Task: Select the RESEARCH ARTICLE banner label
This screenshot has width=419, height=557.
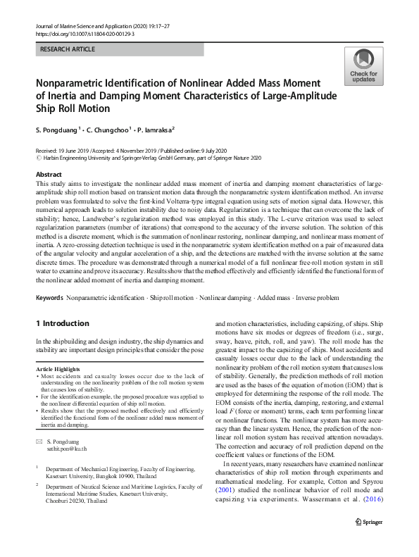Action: (68, 50)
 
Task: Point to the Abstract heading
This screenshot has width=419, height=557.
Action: (49, 174)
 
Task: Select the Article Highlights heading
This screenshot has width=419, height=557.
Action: (60, 369)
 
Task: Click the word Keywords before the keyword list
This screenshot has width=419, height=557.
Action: (49, 299)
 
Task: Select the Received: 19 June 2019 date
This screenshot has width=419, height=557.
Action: (61, 151)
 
